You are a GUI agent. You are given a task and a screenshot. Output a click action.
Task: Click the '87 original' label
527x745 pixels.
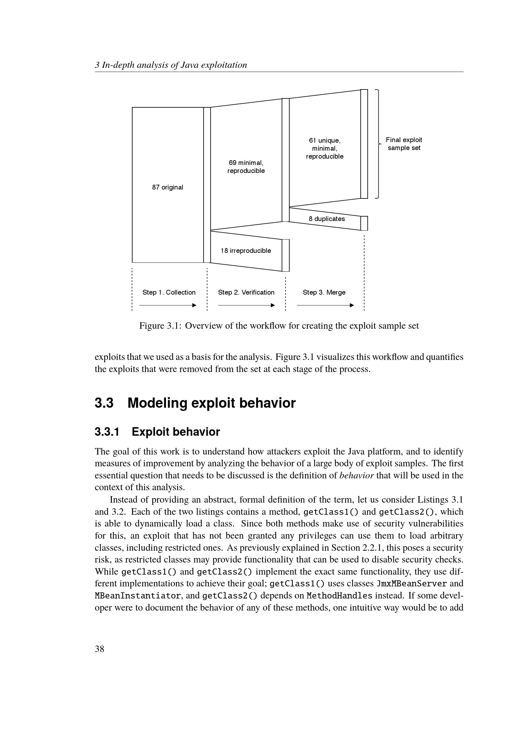[x=168, y=187]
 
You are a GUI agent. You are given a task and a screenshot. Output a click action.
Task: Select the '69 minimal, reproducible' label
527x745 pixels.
[x=246, y=167]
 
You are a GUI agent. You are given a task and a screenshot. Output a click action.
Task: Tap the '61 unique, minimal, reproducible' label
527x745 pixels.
[x=324, y=148]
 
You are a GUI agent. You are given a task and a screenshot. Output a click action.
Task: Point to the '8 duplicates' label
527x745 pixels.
[x=327, y=219]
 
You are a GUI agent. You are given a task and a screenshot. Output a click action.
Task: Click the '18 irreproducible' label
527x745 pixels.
[x=246, y=250]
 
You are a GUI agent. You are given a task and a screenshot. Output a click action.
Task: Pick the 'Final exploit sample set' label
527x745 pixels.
[x=404, y=144]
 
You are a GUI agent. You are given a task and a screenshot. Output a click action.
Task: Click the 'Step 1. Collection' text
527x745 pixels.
[x=169, y=292]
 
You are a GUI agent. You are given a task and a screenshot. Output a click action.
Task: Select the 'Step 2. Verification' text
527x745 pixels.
[x=246, y=292]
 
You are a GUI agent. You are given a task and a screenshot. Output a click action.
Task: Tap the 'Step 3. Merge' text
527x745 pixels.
[x=324, y=292]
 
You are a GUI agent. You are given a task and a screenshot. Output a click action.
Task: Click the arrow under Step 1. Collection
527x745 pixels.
[x=168, y=305]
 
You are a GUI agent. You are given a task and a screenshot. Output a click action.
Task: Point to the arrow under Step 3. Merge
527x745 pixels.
[x=325, y=305]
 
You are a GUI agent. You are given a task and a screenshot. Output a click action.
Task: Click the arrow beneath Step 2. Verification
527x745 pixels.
[x=246, y=305]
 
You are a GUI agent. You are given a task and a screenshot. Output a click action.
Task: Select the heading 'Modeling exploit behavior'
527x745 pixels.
[x=211, y=403]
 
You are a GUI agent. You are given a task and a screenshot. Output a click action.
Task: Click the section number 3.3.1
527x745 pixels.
[x=107, y=432]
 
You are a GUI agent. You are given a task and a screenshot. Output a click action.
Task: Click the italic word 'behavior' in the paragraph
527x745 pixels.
[x=356, y=475]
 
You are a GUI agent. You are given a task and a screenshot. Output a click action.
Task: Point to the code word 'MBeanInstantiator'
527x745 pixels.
[x=138, y=596]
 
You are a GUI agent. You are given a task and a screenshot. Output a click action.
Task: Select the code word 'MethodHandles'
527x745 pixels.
[x=339, y=596]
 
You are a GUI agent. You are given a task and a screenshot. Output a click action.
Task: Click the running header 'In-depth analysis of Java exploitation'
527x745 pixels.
[x=174, y=65]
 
